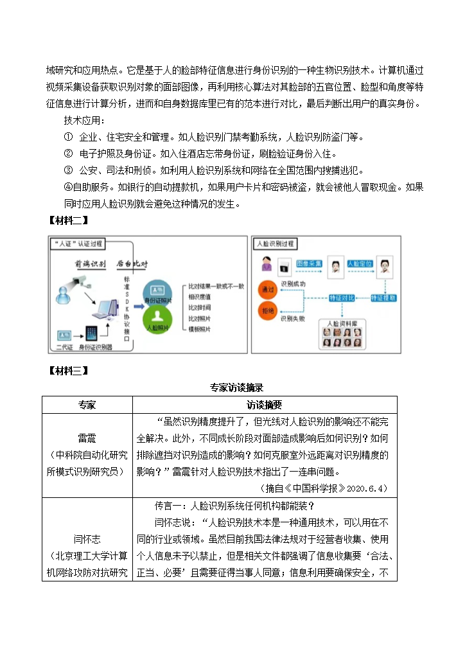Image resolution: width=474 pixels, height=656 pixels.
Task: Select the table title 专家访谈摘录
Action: [x=236, y=387]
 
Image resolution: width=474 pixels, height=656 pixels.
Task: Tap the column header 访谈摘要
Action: [x=264, y=405]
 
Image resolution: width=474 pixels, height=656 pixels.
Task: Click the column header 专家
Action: [x=87, y=405]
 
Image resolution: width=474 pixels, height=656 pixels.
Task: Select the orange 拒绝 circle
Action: [x=268, y=310]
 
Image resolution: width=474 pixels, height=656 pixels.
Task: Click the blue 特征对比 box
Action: [x=341, y=298]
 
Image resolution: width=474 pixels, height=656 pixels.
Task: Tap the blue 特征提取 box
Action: [x=384, y=298]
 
